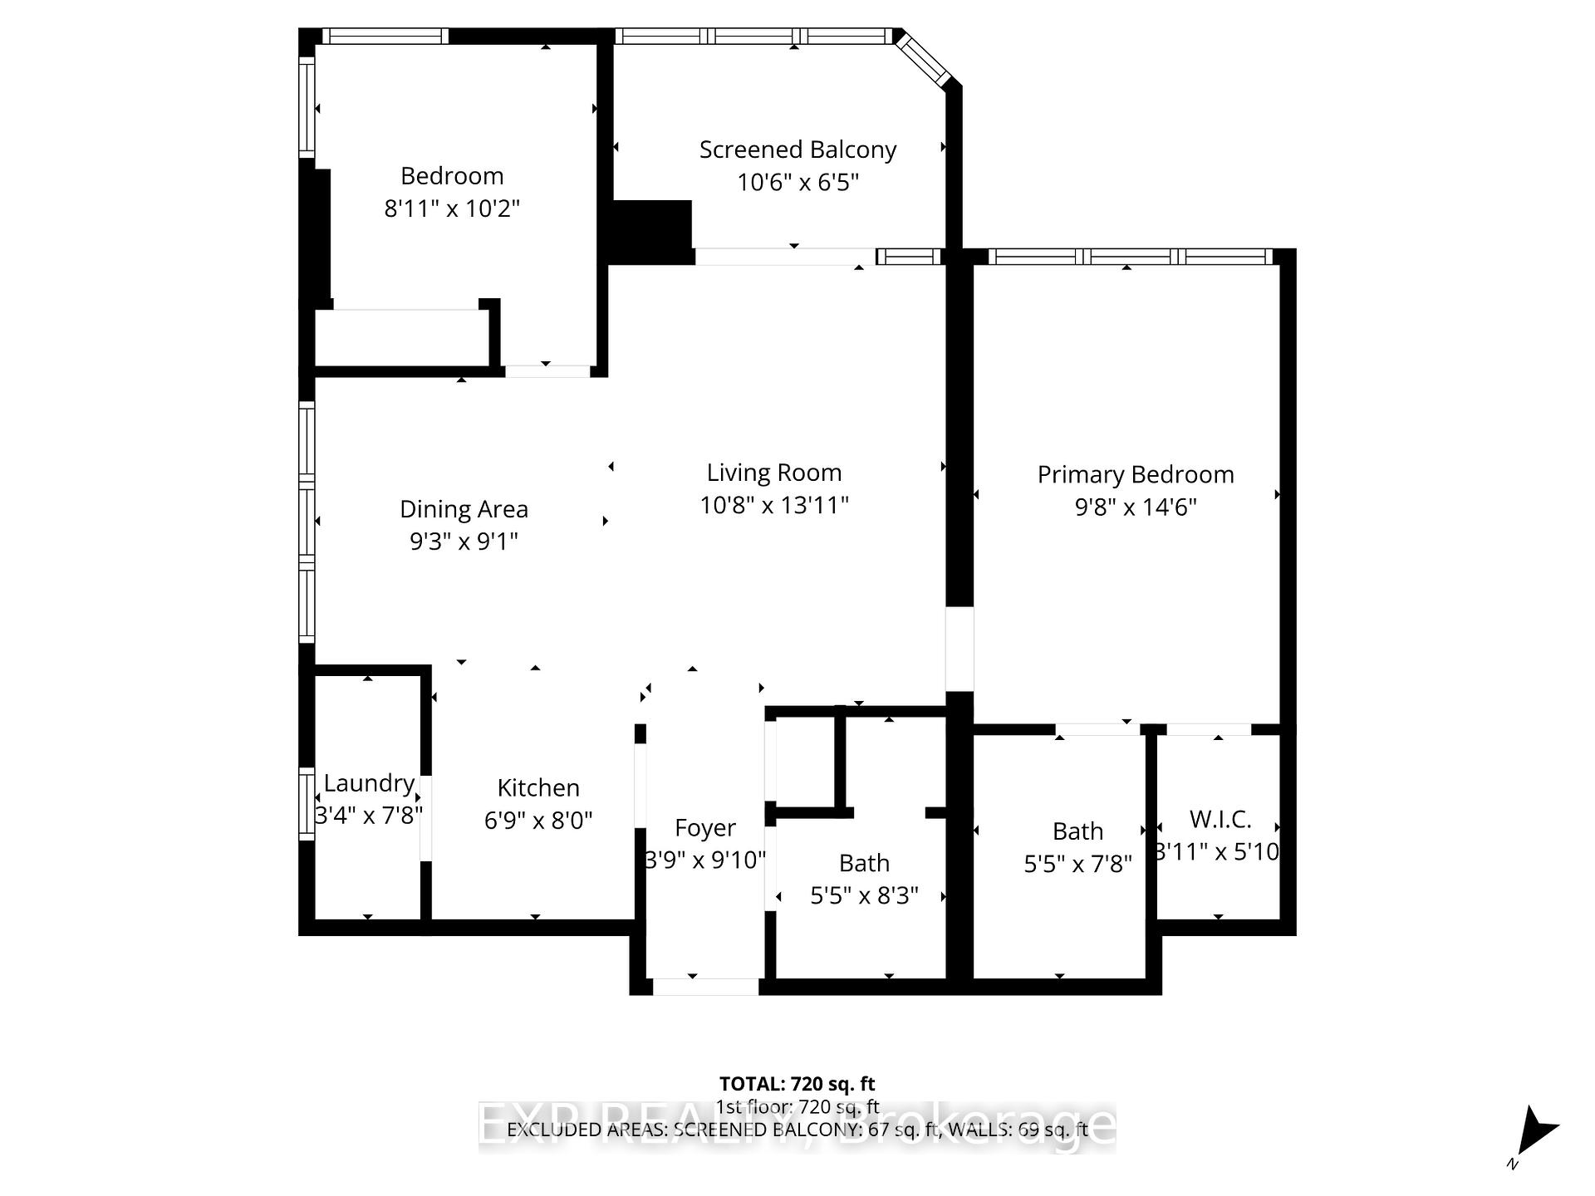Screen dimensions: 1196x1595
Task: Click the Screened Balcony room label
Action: pyautogui.click(x=797, y=150)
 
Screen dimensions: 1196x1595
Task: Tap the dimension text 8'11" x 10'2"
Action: pyautogui.click(x=452, y=208)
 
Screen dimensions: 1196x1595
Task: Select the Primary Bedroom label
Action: pyautogui.click(x=1135, y=475)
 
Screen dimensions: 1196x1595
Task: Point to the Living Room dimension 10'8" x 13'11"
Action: pyautogui.click(x=774, y=505)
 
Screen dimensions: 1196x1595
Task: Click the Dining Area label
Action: pyautogui.click(x=464, y=509)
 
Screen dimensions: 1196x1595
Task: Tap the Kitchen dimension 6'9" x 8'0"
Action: pyautogui.click(x=538, y=821)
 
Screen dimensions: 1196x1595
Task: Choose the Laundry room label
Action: pyautogui.click(x=369, y=783)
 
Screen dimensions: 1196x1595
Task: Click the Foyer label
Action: pyautogui.click(x=704, y=828)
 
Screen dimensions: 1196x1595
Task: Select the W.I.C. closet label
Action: pyautogui.click(x=1220, y=820)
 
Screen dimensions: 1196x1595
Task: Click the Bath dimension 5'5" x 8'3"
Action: pyautogui.click(x=864, y=895)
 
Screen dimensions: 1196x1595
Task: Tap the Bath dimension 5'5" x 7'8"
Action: pyautogui.click(x=1077, y=865)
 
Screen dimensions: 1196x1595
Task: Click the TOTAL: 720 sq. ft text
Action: pyautogui.click(x=797, y=1084)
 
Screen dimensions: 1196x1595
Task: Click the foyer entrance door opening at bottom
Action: pyautogui.click(x=705, y=987)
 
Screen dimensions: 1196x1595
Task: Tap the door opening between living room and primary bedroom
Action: pyautogui.click(x=959, y=649)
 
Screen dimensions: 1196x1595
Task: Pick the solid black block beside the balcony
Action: pyautogui.click(x=652, y=232)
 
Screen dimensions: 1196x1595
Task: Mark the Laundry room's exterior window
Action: pyautogui.click(x=307, y=804)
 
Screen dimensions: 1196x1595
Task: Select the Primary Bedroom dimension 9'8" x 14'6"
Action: pyautogui.click(x=1135, y=507)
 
